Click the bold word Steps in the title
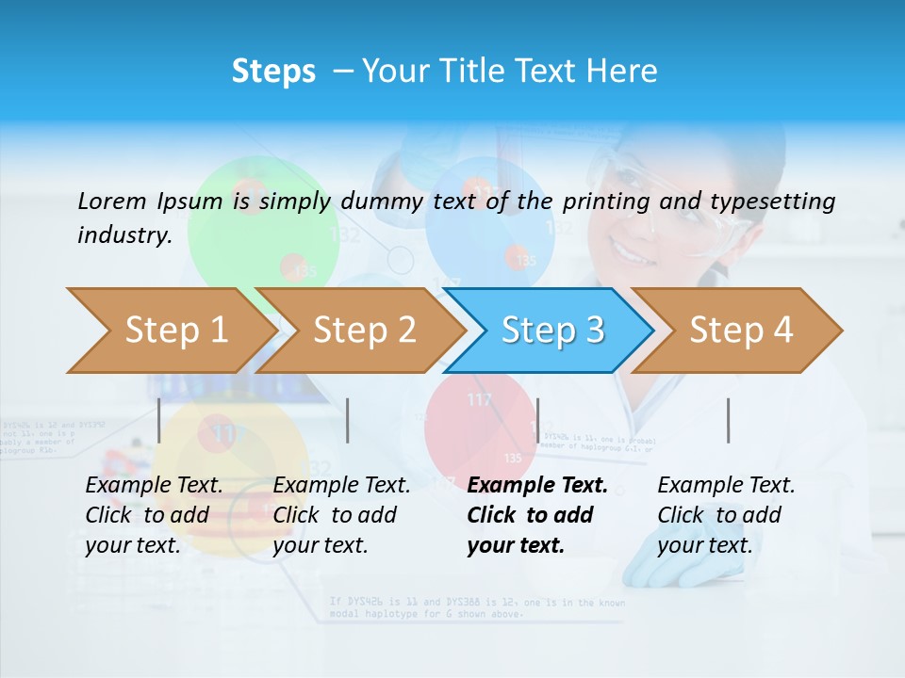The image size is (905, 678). (x=273, y=72)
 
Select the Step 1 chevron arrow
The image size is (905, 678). (x=170, y=331)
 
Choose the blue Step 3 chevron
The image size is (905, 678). (x=551, y=331)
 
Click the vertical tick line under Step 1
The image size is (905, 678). (x=159, y=420)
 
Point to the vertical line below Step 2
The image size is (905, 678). (x=348, y=420)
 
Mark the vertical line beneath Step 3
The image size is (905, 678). (x=537, y=420)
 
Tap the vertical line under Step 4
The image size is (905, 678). (x=728, y=420)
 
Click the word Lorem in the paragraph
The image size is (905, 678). (x=111, y=201)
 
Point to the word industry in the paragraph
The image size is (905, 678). (x=124, y=234)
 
